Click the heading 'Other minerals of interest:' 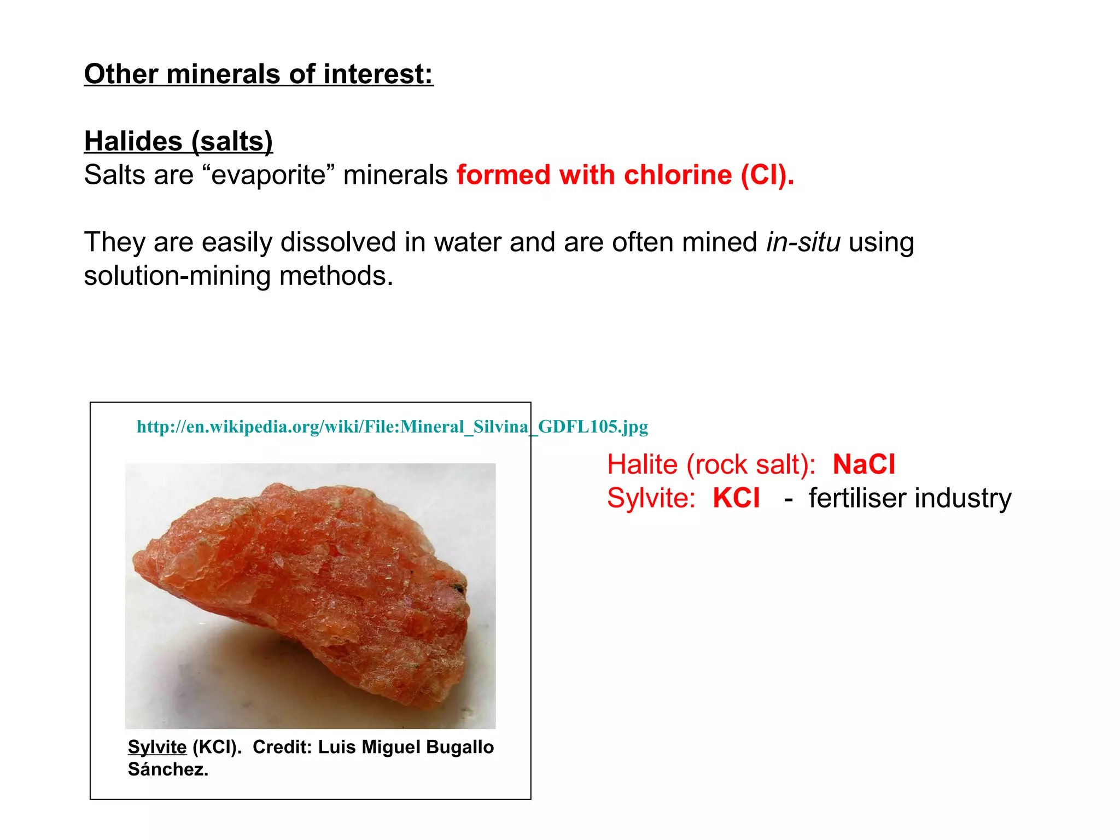(258, 74)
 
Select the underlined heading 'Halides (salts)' (178, 141)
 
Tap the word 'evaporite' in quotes (269, 176)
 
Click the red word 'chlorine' (678, 176)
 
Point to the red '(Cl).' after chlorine (767, 176)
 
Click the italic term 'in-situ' (803, 242)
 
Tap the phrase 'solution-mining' (177, 276)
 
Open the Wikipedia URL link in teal (392, 427)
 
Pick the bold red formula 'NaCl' (864, 465)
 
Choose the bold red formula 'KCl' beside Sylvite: (736, 498)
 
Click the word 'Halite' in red (642, 465)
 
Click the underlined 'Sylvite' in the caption (157, 747)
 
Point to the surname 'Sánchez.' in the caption (168, 769)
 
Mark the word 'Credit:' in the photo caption (282, 747)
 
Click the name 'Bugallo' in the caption (460, 747)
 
